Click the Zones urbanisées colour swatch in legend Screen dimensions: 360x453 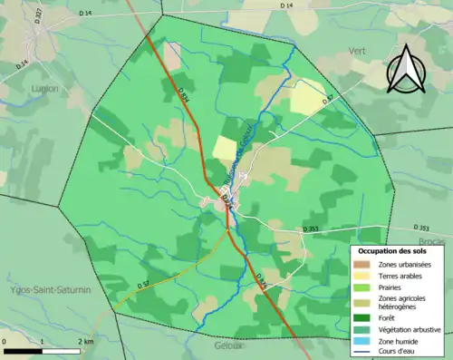pos(361,263)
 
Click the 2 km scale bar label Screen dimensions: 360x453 pos(85,341)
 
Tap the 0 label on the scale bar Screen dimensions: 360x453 pos(5,341)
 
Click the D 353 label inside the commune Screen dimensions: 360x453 pos(311,229)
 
